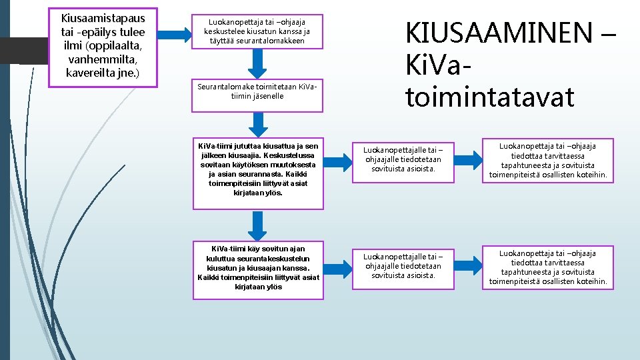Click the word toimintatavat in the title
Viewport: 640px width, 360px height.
coord(489,97)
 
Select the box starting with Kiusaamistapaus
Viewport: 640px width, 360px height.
coord(103,47)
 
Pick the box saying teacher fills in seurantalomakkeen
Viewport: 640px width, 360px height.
coord(257,31)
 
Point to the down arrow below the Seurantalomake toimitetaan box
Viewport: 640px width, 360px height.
coord(257,123)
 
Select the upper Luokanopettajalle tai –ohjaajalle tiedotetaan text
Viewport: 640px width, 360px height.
coord(403,160)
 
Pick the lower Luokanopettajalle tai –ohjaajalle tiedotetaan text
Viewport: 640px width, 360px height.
coord(403,266)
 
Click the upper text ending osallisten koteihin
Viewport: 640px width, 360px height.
coord(548,161)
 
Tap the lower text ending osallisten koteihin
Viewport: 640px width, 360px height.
coord(548,267)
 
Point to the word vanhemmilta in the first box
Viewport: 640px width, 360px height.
coord(103,59)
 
